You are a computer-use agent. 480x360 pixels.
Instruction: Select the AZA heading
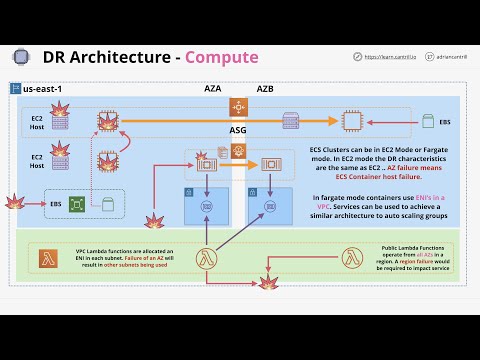(x=213, y=89)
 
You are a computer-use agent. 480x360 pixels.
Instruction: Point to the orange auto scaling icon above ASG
(x=238, y=106)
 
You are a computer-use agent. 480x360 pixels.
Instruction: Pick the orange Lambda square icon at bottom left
(x=46, y=259)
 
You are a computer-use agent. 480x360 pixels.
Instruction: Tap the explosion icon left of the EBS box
(x=14, y=204)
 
